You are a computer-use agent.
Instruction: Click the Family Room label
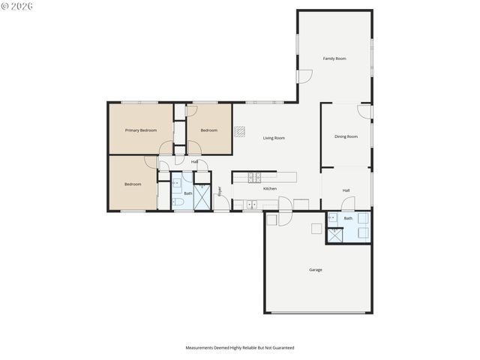pyautogui.click(x=334, y=58)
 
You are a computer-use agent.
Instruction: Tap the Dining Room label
pyautogui.click(x=346, y=136)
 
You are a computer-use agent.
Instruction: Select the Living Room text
pyautogui.click(x=274, y=138)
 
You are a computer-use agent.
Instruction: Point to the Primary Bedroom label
pyautogui.click(x=141, y=130)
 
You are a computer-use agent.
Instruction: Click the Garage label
pyautogui.click(x=316, y=269)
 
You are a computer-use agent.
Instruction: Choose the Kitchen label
pyautogui.click(x=270, y=188)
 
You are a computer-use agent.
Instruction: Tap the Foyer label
pyautogui.click(x=220, y=191)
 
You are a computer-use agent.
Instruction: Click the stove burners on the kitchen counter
pyautogui.click(x=255, y=178)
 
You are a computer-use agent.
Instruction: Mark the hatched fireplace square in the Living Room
pyautogui.click(x=239, y=132)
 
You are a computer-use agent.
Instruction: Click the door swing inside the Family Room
pyautogui.click(x=304, y=76)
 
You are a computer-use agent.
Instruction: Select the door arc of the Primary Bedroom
pyautogui.click(x=166, y=148)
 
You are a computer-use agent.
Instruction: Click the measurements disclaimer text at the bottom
pyautogui.click(x=240, y=348)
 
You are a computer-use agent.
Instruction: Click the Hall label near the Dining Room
pyautogui.click(x=346, y=190)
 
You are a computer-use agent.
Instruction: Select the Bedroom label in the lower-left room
pyautogui.click(x=133, y=184)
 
